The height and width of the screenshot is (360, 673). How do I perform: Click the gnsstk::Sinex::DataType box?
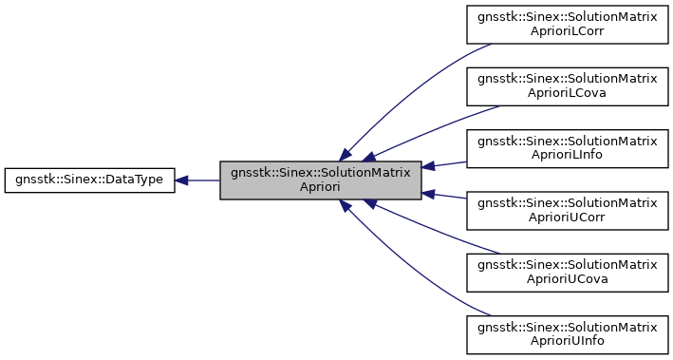click(x=89, y=180)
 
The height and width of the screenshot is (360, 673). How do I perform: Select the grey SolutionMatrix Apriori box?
click(x=321, y=180)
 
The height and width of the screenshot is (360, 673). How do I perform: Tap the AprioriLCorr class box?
click(x=567, y=24)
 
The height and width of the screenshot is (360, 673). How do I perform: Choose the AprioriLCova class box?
click(x=567, y=86)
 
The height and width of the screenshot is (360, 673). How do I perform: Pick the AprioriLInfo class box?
click(x=567, y=148)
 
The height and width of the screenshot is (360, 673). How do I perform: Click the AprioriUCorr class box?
click(x=567, y=211)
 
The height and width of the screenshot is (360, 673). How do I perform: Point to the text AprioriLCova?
click(x=567, y=93)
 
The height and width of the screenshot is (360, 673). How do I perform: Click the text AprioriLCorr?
click(x=567, y=31)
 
